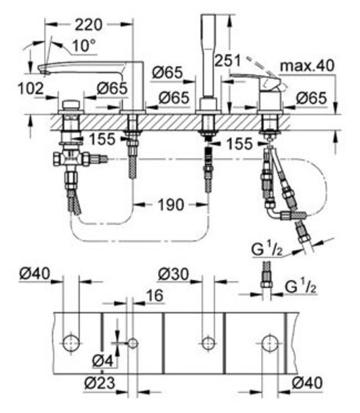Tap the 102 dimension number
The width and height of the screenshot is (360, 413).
(x=31, y=89)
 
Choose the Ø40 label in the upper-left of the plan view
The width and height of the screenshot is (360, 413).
(x=35, y=274)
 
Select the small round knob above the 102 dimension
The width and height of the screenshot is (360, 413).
(x=70, y=105)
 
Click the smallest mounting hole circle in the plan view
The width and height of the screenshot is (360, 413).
(x=133, y=343)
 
